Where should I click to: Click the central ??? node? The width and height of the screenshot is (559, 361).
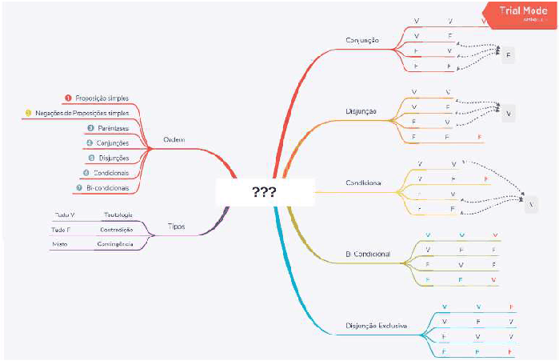(263, 193)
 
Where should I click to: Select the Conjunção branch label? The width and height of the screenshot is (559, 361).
(362, 40)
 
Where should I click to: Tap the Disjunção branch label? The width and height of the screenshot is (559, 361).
(361, 110)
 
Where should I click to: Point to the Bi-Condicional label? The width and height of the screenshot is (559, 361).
(368, 254)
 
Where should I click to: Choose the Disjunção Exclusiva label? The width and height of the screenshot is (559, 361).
(377, 326)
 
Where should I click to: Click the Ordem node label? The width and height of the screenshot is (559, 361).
(174, 139)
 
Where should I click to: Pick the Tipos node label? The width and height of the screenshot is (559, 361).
(177, 227)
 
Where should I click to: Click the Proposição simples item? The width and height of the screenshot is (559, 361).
(102, 98)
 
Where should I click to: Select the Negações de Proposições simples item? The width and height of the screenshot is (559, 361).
(82, 113)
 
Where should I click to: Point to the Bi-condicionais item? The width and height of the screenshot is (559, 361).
(106, 187)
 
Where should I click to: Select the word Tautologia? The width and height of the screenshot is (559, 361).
(118, 215)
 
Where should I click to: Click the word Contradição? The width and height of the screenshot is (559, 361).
(116, 229)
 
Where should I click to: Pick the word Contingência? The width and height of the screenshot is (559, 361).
(114, 243)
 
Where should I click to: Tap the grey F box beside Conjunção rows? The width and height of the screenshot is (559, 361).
(509, 55)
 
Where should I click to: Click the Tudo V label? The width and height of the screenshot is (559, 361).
(65, 215)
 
